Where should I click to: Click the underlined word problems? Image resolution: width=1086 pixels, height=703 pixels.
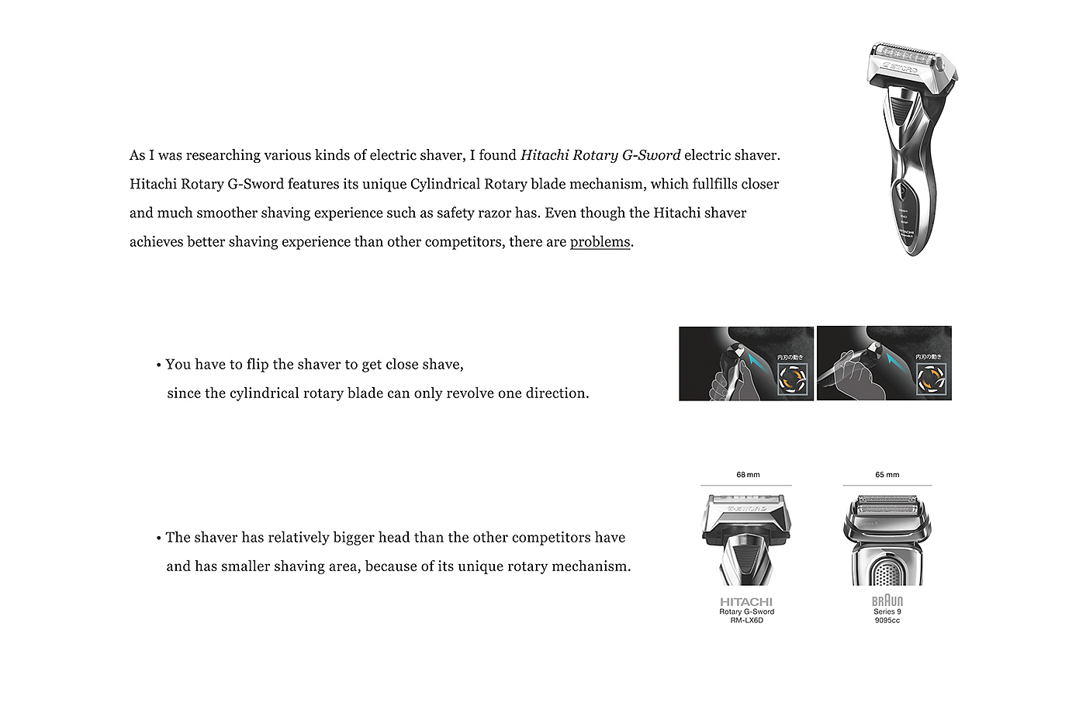coord(600,242)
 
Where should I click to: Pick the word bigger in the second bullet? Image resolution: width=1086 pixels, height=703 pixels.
coord(353,538)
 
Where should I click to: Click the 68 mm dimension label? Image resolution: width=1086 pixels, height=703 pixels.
coord(748,475)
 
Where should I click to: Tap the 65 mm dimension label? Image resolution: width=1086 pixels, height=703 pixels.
coord(887,475)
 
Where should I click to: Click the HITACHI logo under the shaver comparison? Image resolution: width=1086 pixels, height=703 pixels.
coord(746,602)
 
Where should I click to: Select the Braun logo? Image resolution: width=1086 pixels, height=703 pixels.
coord(887,601)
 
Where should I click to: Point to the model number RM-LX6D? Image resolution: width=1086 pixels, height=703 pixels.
coord(746,621)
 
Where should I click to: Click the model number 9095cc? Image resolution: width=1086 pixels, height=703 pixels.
coord(887,621)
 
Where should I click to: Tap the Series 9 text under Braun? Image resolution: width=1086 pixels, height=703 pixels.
coord(887,611)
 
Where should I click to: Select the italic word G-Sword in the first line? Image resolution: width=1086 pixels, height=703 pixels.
coord(651,155)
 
